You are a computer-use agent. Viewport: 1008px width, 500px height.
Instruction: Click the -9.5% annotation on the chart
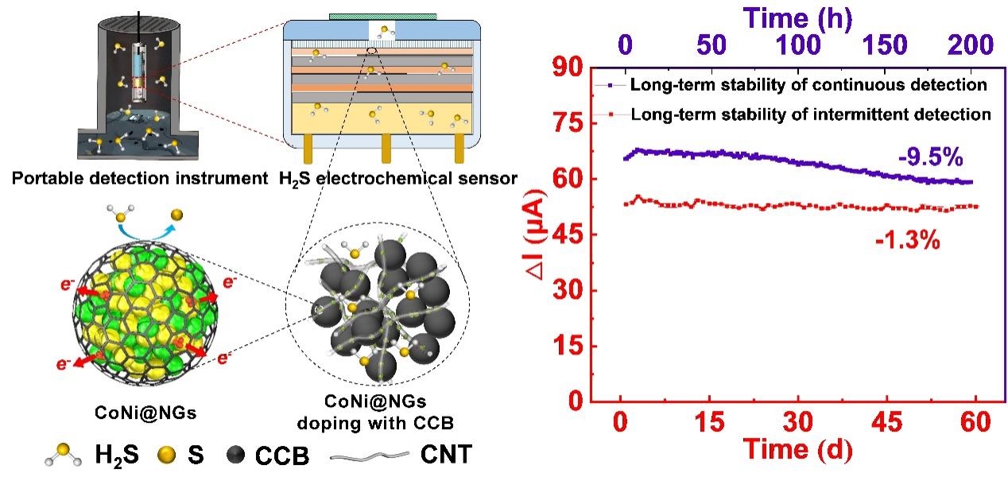931,157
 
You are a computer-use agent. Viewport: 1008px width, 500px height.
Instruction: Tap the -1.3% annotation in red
908,240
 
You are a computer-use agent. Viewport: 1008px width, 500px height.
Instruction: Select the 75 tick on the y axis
568,123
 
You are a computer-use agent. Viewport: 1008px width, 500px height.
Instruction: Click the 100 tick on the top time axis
798,45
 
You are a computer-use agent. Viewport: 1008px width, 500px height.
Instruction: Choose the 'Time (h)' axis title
798,18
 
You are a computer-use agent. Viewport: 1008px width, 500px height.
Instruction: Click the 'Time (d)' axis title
798,449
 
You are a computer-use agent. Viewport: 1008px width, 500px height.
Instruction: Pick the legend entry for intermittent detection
793,114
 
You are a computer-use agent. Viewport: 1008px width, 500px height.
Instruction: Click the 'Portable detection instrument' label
140,178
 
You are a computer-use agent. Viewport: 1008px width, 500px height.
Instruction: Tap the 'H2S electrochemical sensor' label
398,179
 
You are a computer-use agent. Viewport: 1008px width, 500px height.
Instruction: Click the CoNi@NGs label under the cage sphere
145,413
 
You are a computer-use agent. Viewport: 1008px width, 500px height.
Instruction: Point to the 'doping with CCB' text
375,424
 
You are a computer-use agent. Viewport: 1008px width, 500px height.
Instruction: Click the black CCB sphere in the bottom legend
235,455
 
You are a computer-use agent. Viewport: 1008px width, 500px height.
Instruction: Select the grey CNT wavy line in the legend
370,456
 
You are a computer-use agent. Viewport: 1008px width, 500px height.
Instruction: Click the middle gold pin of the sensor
386,149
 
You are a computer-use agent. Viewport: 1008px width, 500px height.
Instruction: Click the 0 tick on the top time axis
625,45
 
